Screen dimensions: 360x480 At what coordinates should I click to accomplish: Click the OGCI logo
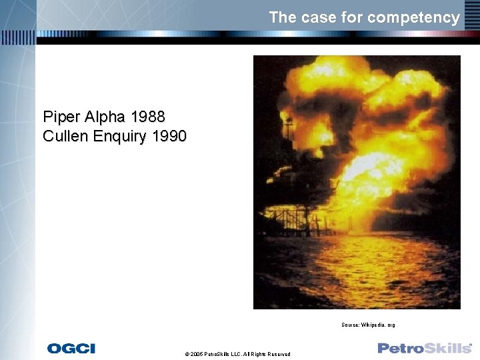click(71, 348)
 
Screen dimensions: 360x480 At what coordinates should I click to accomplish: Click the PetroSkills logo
click(425, 348)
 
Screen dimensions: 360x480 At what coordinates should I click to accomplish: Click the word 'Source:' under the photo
click(350, 325)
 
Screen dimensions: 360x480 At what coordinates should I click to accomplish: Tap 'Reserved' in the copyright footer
click(279, 354)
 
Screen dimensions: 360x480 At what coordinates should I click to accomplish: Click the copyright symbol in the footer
click(187, 354)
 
